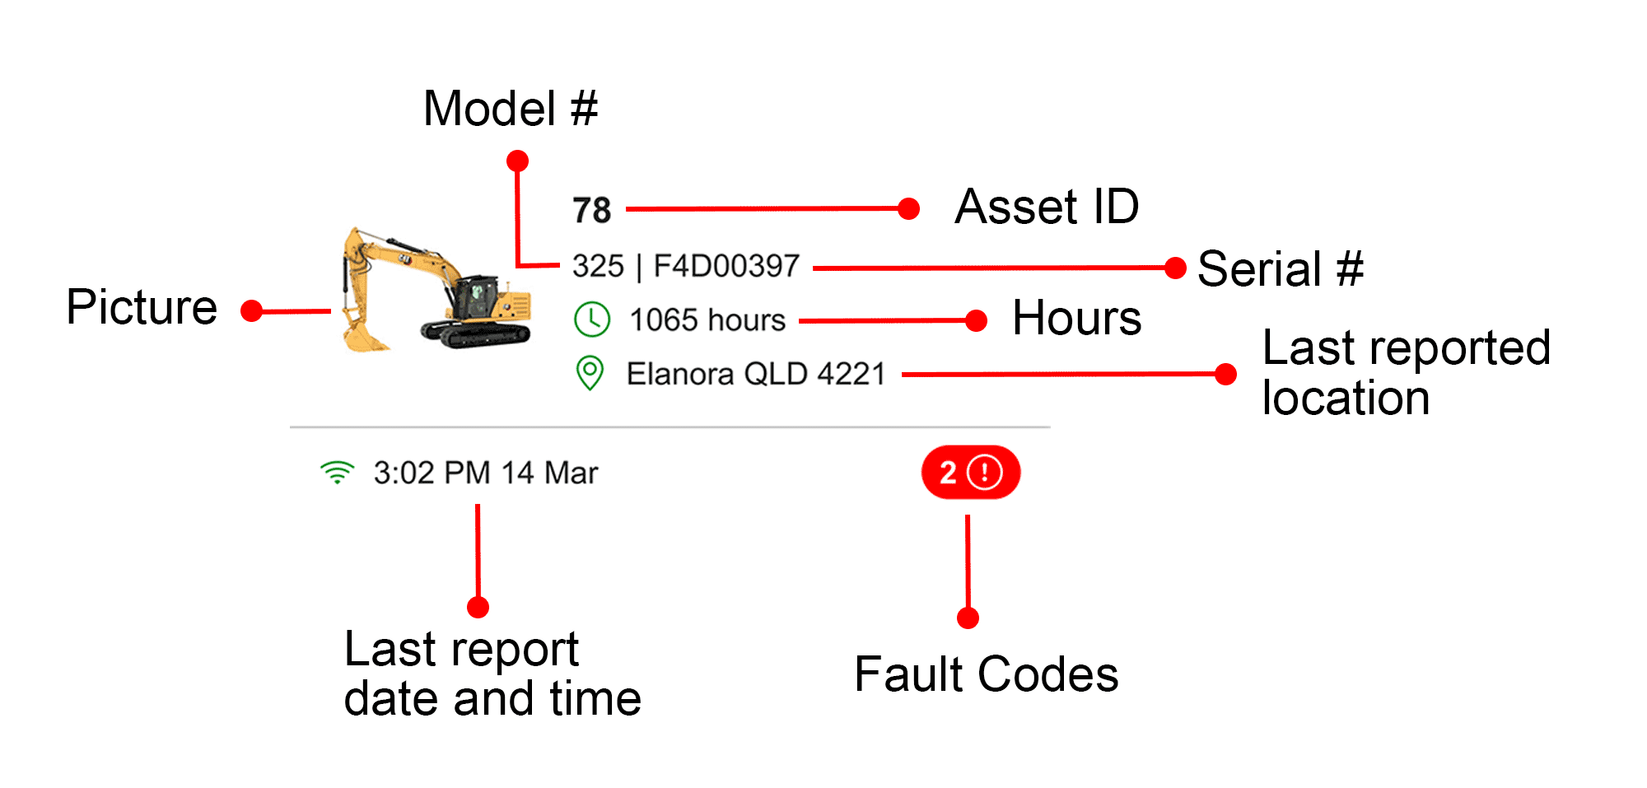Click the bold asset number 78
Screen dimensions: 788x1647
(591, 211)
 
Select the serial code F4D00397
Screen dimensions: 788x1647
(726, 266)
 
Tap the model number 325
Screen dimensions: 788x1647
(598, 266)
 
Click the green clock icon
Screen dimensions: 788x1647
(591, 319)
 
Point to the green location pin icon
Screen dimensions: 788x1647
(590, 373)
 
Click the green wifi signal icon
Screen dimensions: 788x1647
(337, 473)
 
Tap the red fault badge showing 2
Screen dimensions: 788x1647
(970, 473)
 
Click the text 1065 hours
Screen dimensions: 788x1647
(707, 320)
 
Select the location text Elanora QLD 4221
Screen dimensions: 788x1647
(755, 374)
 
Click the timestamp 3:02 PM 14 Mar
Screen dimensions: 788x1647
(485, 473)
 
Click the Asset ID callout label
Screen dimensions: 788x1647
(1047, 206)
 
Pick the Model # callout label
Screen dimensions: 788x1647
(510, 109)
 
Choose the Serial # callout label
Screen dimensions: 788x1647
(1280, 269)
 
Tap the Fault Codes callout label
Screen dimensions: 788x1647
(986, 675)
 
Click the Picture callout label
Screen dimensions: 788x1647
(142, 308)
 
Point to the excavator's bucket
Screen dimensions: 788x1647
(364, 336)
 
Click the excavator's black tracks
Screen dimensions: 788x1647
(476, 333)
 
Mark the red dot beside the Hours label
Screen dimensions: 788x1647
(976, 320)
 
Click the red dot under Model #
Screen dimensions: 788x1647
(517, 161)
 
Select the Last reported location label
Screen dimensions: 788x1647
(1405, 372)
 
